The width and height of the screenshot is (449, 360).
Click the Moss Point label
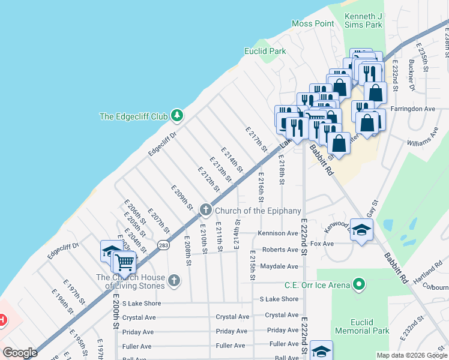click(312, 23)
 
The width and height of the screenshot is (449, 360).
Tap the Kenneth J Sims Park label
click(363, 20)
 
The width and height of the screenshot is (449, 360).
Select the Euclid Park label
click(265, 52)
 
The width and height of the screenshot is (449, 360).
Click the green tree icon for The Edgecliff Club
click(176, 114)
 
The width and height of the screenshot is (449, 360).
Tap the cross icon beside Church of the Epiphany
click(206, 209)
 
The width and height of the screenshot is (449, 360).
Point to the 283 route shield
click(163, 245)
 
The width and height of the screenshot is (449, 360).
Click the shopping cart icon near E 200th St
click(124, 262)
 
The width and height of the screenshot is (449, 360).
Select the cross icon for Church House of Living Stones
click(173, 280)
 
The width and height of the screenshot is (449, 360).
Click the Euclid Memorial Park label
click(362, 326)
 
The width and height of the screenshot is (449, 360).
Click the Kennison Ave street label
click(278, 233)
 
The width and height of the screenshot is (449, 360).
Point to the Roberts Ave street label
click(280, 250)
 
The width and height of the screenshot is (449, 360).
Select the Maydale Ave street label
click(279, 266)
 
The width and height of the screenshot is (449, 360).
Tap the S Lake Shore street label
click(279, 299)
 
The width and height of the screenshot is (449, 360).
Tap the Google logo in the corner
click(20, 352)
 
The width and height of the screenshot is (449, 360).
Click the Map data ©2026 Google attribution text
click(411, 355)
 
